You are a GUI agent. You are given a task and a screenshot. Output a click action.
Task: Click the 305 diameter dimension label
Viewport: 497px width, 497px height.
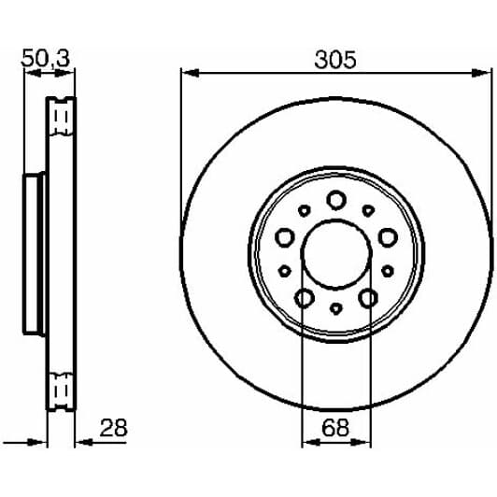click(x=335, y=61)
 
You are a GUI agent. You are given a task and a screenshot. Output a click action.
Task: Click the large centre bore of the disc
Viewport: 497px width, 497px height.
click(x=335, y=252)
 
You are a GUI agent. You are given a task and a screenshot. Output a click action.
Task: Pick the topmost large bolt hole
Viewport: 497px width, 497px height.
click(x=335, y=199)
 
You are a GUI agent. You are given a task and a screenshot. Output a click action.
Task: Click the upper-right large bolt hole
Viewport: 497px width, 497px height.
click(x=386, y=236)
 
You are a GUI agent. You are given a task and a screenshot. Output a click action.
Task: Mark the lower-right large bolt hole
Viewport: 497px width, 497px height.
click(x=367, y=298)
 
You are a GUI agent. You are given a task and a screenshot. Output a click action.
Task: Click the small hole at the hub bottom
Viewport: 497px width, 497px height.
click(x=335, y=309)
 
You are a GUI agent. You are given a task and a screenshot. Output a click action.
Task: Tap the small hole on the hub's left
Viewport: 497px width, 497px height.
click(x=283, y=272)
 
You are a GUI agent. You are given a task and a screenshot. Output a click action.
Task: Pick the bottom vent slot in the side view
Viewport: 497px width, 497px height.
click(x=64, y=385)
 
